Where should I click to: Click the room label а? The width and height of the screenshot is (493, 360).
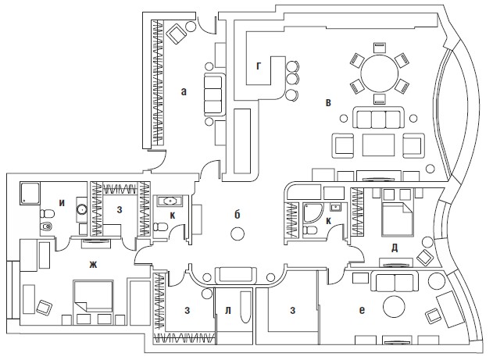pos(184,91)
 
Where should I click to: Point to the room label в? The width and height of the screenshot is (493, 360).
pos(329,102)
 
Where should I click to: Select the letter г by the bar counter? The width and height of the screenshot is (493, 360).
pos(258,66)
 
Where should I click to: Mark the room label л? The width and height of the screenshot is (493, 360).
pos(228,312)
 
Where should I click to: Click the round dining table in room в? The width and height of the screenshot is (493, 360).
pos(379,68)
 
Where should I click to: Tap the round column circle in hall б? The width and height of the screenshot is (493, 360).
pos(238,233)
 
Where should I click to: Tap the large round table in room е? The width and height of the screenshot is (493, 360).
pos(393,307)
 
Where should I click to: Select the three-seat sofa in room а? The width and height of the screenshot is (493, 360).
pos(213,95)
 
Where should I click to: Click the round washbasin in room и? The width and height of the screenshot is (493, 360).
pos(82,210)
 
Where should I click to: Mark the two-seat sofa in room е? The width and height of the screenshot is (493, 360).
pos(395,282)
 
